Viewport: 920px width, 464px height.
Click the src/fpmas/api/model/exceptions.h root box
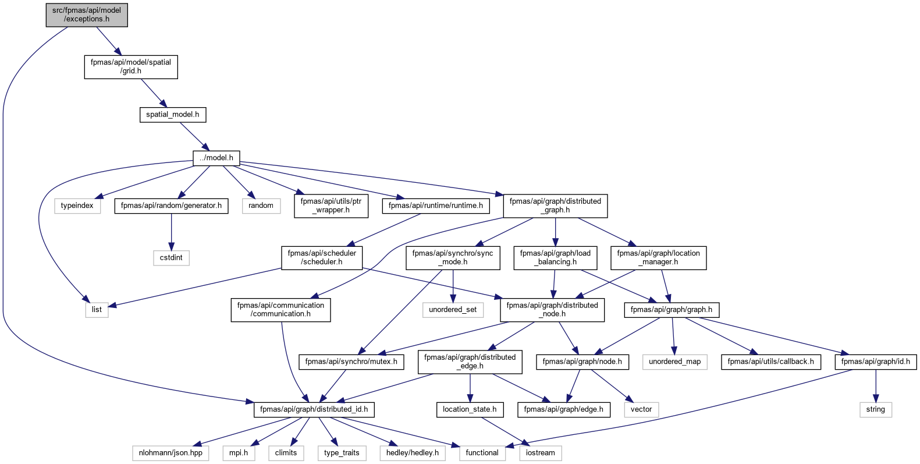point(87,15)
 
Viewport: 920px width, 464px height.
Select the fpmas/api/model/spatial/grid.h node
point(131,66)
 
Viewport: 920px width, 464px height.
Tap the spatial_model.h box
point(173,115)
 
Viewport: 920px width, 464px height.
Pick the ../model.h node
point(216,158)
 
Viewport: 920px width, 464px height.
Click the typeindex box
point(77,206)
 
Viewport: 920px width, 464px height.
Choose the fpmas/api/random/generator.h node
point(171,206)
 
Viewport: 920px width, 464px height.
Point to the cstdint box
point(171,258)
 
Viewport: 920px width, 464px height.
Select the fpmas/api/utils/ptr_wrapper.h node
point(331,206)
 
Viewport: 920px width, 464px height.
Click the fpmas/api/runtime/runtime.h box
point(436,206)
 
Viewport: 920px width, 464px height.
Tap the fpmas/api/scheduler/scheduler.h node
point(322,258)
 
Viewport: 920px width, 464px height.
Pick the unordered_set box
point(453,310)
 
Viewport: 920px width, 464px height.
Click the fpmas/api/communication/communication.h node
point(281,310)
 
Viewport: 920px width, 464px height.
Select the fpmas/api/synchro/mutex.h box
point(351,362)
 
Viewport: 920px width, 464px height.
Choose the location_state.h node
point(470,410)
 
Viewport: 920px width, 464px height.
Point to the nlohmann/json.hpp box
point(170,454)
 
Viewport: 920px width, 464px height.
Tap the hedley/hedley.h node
point(413,454)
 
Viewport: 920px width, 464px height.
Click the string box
point(876,410)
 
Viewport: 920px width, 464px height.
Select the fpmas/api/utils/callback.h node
point(771,362)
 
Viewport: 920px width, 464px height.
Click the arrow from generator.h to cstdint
point(171,232)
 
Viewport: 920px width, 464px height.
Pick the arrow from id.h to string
point(876,386)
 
